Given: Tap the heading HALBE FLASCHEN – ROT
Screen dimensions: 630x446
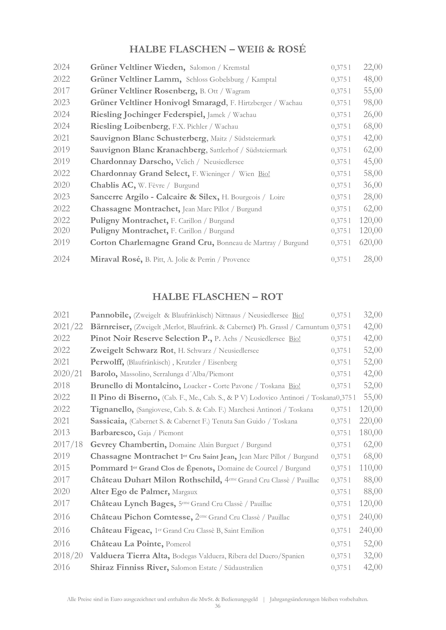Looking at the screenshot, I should (218, 297).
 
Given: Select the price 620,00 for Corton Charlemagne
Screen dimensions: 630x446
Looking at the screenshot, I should (371, 242).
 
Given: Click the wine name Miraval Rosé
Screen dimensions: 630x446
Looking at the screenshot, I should (116, 259).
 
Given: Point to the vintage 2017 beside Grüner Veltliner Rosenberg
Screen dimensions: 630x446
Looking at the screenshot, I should (61, 91).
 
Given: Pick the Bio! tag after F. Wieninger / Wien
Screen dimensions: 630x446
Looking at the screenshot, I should (264, 174).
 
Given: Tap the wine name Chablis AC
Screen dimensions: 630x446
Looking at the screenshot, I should (113, 185).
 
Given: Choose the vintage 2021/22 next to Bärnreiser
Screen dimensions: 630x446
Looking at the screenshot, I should (68, 326).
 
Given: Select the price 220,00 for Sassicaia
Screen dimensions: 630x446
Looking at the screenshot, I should (371, 421).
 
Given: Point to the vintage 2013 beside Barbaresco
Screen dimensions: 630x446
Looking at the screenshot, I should (61, 432).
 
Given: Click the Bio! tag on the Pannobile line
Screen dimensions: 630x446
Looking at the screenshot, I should (298, 315).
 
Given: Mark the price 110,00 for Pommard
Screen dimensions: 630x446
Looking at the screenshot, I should (371, 468).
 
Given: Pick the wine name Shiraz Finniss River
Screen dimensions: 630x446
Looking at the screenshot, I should (129, 567).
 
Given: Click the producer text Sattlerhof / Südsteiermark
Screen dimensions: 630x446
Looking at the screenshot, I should (248, 150).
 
